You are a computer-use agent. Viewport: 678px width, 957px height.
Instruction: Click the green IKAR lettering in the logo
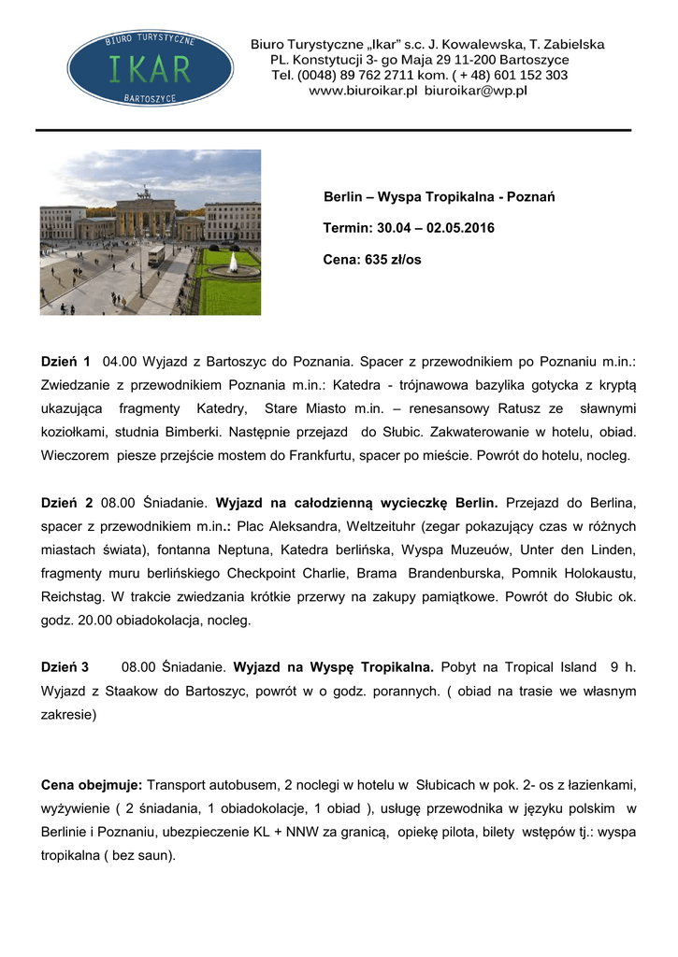151,68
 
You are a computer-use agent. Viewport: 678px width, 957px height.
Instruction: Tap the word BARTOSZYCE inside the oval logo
151,97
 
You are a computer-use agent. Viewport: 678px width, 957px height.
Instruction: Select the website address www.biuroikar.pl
363,91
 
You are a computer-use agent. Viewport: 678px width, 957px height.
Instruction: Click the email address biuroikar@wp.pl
476,91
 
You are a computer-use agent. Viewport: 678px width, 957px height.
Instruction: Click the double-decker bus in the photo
155,254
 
